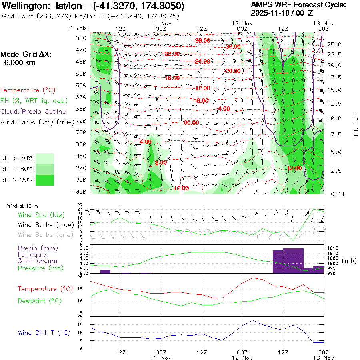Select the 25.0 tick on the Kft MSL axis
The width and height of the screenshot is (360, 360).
pos(334,44)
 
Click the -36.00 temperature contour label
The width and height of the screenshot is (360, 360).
pos(202,41)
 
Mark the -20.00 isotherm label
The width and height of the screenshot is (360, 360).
pos(232,71)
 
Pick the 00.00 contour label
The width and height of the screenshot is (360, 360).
pos(191,122)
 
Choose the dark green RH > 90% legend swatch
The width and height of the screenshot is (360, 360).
pos(45,180)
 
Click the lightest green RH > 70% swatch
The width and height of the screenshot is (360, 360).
pos(45,158)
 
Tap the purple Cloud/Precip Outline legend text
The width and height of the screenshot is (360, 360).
pos(33,112)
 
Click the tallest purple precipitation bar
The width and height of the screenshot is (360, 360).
pos(293,260)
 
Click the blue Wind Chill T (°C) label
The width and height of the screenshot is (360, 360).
pos(44,333)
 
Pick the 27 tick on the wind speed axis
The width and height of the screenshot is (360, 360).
pos(80,205)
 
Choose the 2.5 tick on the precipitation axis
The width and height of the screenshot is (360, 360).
pos(84,249)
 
